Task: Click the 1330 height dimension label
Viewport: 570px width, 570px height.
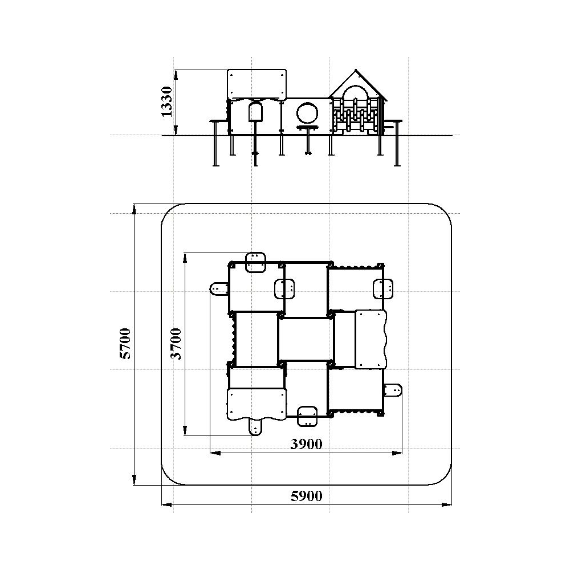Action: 166,102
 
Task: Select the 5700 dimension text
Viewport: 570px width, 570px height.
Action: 125,344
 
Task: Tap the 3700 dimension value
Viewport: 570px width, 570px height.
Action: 176,344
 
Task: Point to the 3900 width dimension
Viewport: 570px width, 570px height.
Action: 306,444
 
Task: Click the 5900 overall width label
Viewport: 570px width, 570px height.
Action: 307,496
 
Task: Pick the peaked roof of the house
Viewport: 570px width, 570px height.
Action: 358,85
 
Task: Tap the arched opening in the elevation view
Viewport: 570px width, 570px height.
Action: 255,112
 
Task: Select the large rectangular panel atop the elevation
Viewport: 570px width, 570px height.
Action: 257,84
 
